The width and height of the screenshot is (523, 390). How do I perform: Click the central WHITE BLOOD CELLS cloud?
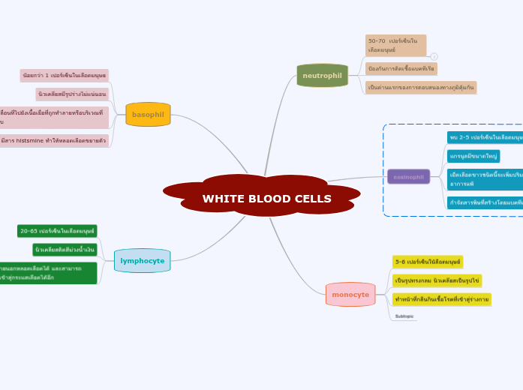pos(261,196)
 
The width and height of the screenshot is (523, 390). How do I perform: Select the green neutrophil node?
pos(322,76)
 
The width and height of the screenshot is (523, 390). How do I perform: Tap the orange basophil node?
pos(148,115)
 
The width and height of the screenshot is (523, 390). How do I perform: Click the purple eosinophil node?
pos(408,177)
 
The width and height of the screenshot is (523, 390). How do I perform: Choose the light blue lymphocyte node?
pos(142,261)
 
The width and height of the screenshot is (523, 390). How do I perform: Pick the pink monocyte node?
pos(350,295)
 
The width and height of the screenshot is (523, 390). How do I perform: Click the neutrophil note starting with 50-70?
pos(395,45)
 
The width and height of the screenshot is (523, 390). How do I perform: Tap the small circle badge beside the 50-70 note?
pos(434,56)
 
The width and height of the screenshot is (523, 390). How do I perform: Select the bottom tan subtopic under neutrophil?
pos(420,88)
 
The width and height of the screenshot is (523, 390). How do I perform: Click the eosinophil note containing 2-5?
pos(485,137)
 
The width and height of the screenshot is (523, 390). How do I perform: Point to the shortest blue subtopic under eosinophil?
pos(473,156)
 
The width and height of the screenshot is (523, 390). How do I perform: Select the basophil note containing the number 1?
pos(64,76)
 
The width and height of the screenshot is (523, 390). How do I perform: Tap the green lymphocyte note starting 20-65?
pos(57,231)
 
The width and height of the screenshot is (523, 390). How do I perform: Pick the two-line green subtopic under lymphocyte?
pos(49,273)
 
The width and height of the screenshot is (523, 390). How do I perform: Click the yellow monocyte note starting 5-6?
pos(428,262)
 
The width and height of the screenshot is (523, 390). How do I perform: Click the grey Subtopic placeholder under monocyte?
pos(404,316)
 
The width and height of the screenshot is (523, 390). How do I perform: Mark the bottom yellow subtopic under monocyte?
pos(441,299)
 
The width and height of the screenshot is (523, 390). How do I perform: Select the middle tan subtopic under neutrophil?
pos(401,69)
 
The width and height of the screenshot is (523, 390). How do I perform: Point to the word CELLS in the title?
pos(308,199)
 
